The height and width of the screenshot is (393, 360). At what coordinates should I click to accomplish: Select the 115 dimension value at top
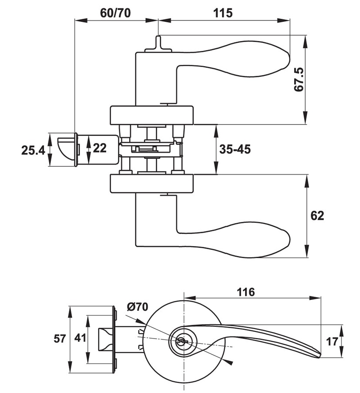pyautogui.click(x=223, y=13)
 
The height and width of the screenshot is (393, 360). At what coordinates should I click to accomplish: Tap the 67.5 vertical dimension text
pyautogui.click(x=299, y=79)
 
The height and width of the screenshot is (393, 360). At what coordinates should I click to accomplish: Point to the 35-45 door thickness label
pyautogui.click(x=235, y=149)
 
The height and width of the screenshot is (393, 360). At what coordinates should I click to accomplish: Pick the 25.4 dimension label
pyautogui.click(x=33, y=151)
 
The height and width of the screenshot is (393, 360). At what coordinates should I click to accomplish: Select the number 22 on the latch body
pyautogui.click(x=100, y=148)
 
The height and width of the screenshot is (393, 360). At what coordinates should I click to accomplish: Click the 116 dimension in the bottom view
pyautogui.click(x=246, y=292)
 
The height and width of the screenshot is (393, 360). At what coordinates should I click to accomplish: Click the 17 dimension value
pyautogui.click(x=332, y=342)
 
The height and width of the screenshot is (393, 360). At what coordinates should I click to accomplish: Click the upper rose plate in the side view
pyautogui.click(x=151, y=114)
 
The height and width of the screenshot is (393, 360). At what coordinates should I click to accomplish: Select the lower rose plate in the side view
pyautogui.click(x=151, y=184)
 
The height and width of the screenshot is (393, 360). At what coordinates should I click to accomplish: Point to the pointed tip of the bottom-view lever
pyautogui.click(x=320, y=355)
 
